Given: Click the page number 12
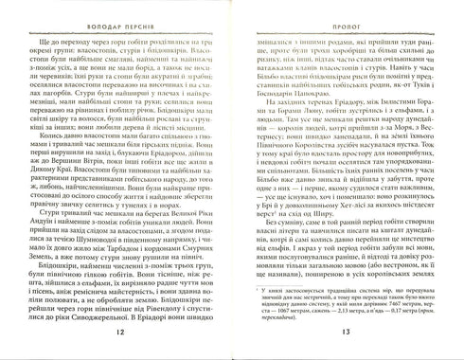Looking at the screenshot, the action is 116,332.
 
